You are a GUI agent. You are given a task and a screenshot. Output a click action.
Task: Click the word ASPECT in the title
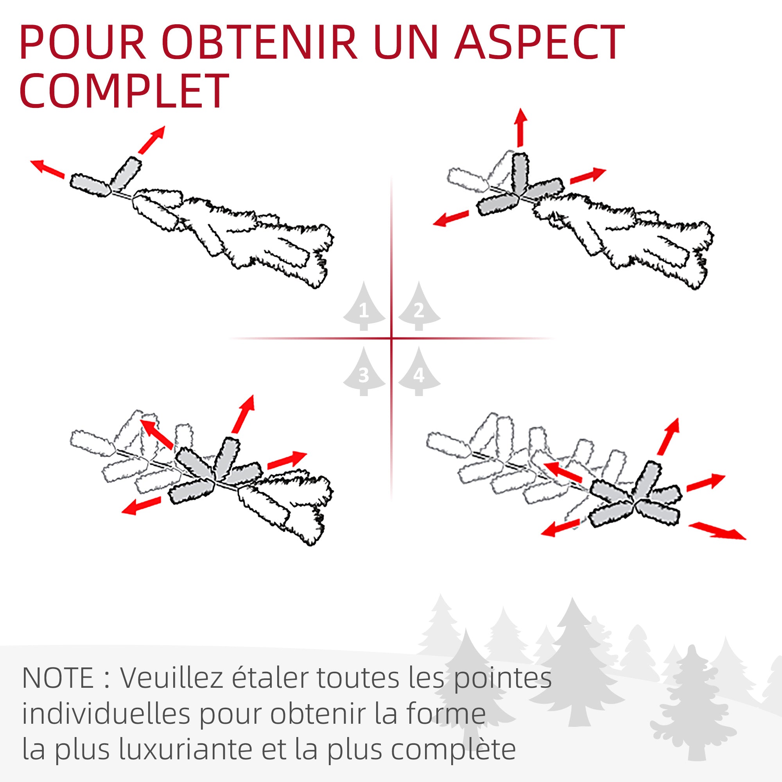(540, 43)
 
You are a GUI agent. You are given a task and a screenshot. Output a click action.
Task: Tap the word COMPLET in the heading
(124, 91)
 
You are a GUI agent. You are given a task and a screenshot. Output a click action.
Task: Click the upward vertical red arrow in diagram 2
(521, 127)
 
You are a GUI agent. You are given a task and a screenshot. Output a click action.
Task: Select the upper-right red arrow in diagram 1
(152, 140)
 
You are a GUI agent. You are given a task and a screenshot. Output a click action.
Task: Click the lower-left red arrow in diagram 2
(451, 218)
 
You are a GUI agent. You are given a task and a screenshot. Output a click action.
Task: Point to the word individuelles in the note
(105, 714)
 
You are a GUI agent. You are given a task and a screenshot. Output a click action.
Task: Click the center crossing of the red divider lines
(391, 338)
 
